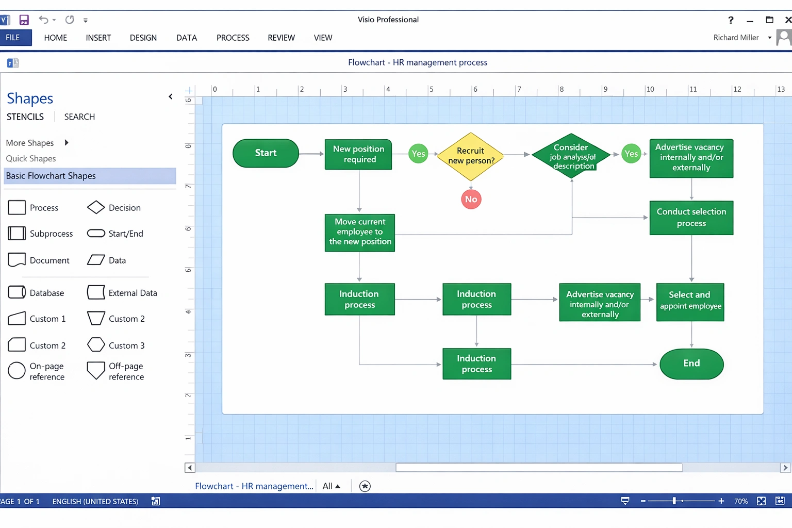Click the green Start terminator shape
tap(266, 153)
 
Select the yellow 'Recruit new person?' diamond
tap(470, 156)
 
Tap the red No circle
tap(471, 200)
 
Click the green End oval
tap(691, 364)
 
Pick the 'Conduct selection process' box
tap(691, 218)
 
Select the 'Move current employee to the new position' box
tap(359, 232)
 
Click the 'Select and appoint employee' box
tap(690, 302)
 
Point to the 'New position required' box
tap(358, 154)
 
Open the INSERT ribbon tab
tap(98, 38)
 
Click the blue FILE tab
tap(13, 38)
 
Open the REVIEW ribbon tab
tap(281, 38)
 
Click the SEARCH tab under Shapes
tap(79, 117)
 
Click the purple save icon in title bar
tap(24, 20)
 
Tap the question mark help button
tap(730, 20)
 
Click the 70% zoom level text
tap(740, 501)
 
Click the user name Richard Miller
tap(736, 38)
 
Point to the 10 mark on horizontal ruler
tap(650, 89)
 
